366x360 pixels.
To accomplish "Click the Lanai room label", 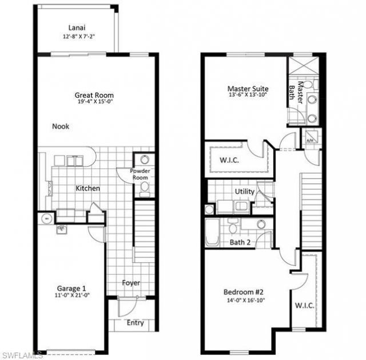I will [x=77, y=27].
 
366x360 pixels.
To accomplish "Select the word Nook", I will [x=61, y=126].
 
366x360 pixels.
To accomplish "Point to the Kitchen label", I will [x=87, y=188].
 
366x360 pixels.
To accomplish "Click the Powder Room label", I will [x=140, y=175].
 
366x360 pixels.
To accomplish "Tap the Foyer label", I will [x=131, y=283].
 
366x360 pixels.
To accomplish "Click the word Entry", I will [x=135, y=323].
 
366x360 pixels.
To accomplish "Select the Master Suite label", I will [x=248, y=89].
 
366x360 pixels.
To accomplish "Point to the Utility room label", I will [x=245, y=192].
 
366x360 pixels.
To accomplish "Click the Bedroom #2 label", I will [x=242, y=292].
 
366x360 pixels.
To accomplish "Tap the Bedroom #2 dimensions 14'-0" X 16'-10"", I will [x=242, y=300].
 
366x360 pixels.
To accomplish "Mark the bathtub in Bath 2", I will [x=212, y=231].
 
